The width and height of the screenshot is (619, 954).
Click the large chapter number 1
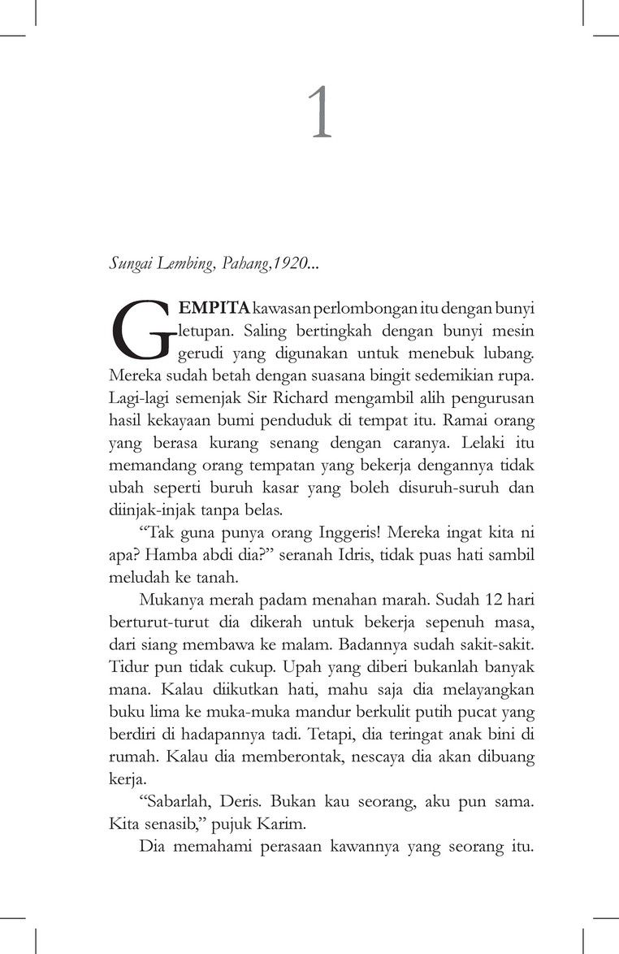(322, 115)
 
